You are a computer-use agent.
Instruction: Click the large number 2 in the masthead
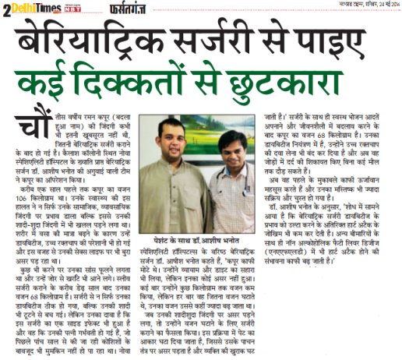[x=7, y=9]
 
